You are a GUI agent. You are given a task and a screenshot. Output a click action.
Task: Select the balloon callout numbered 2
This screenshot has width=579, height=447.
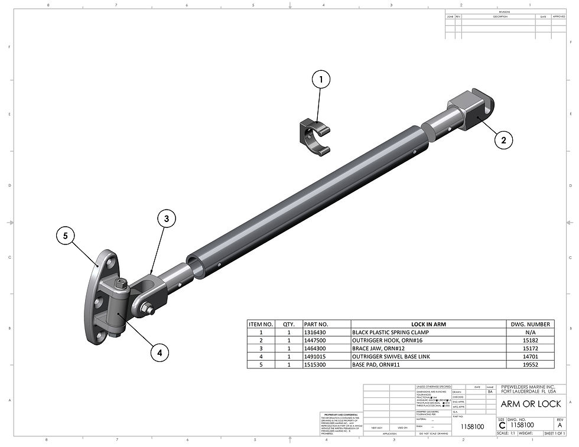[503, 140]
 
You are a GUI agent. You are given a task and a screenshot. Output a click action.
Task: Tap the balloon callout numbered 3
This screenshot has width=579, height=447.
[166, 218]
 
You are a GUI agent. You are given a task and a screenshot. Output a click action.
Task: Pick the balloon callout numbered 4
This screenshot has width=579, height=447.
[158, 353]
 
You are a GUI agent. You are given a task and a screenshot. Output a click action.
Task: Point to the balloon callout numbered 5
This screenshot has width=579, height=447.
[65, 236]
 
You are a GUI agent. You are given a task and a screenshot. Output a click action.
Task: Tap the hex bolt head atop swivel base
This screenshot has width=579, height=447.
[121, 285]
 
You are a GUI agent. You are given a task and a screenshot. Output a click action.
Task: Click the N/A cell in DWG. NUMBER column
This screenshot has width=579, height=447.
[531, 332]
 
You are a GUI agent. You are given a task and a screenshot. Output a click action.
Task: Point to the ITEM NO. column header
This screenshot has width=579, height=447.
[261, 324]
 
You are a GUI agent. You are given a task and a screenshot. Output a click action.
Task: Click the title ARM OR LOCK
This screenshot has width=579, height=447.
[530, 404]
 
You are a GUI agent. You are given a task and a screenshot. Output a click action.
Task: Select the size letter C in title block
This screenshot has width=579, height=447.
[502, 425]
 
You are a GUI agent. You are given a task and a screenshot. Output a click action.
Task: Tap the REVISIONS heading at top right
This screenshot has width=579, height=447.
[504, 12]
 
